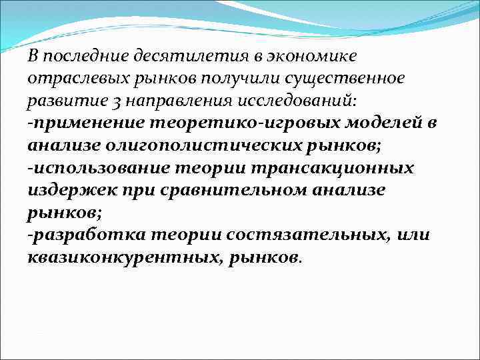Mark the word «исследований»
click(295, 101)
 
